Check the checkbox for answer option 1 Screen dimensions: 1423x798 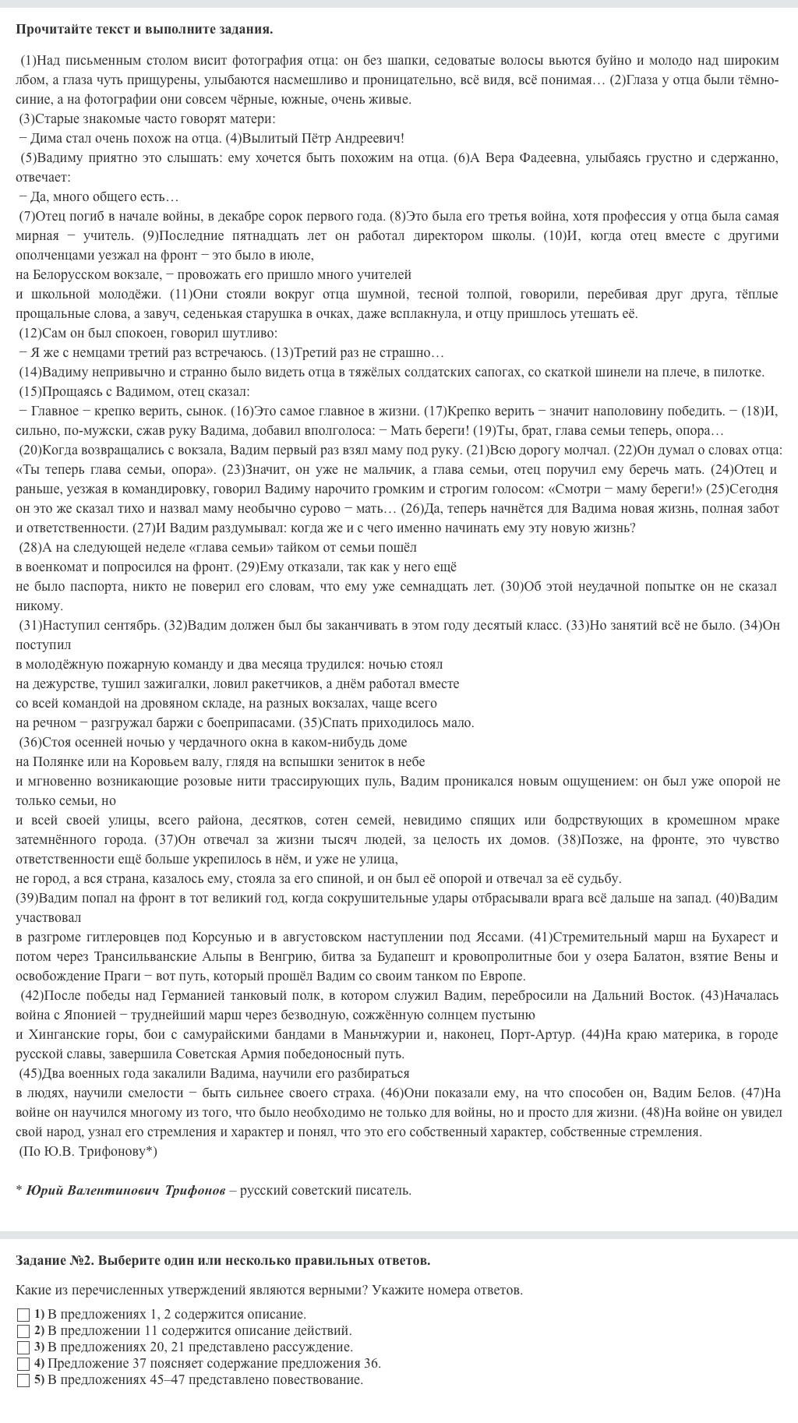(x=23, y=1315)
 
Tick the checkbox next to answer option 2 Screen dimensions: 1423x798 (x=23, y=1331)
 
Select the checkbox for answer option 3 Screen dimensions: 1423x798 (x=23, y=1347)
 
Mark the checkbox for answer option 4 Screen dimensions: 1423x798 (x=23, y=1364)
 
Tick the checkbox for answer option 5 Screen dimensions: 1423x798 (x=23, y=1380)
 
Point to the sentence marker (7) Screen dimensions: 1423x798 (x=27, y=216)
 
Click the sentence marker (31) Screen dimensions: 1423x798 (x=30, y=625)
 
